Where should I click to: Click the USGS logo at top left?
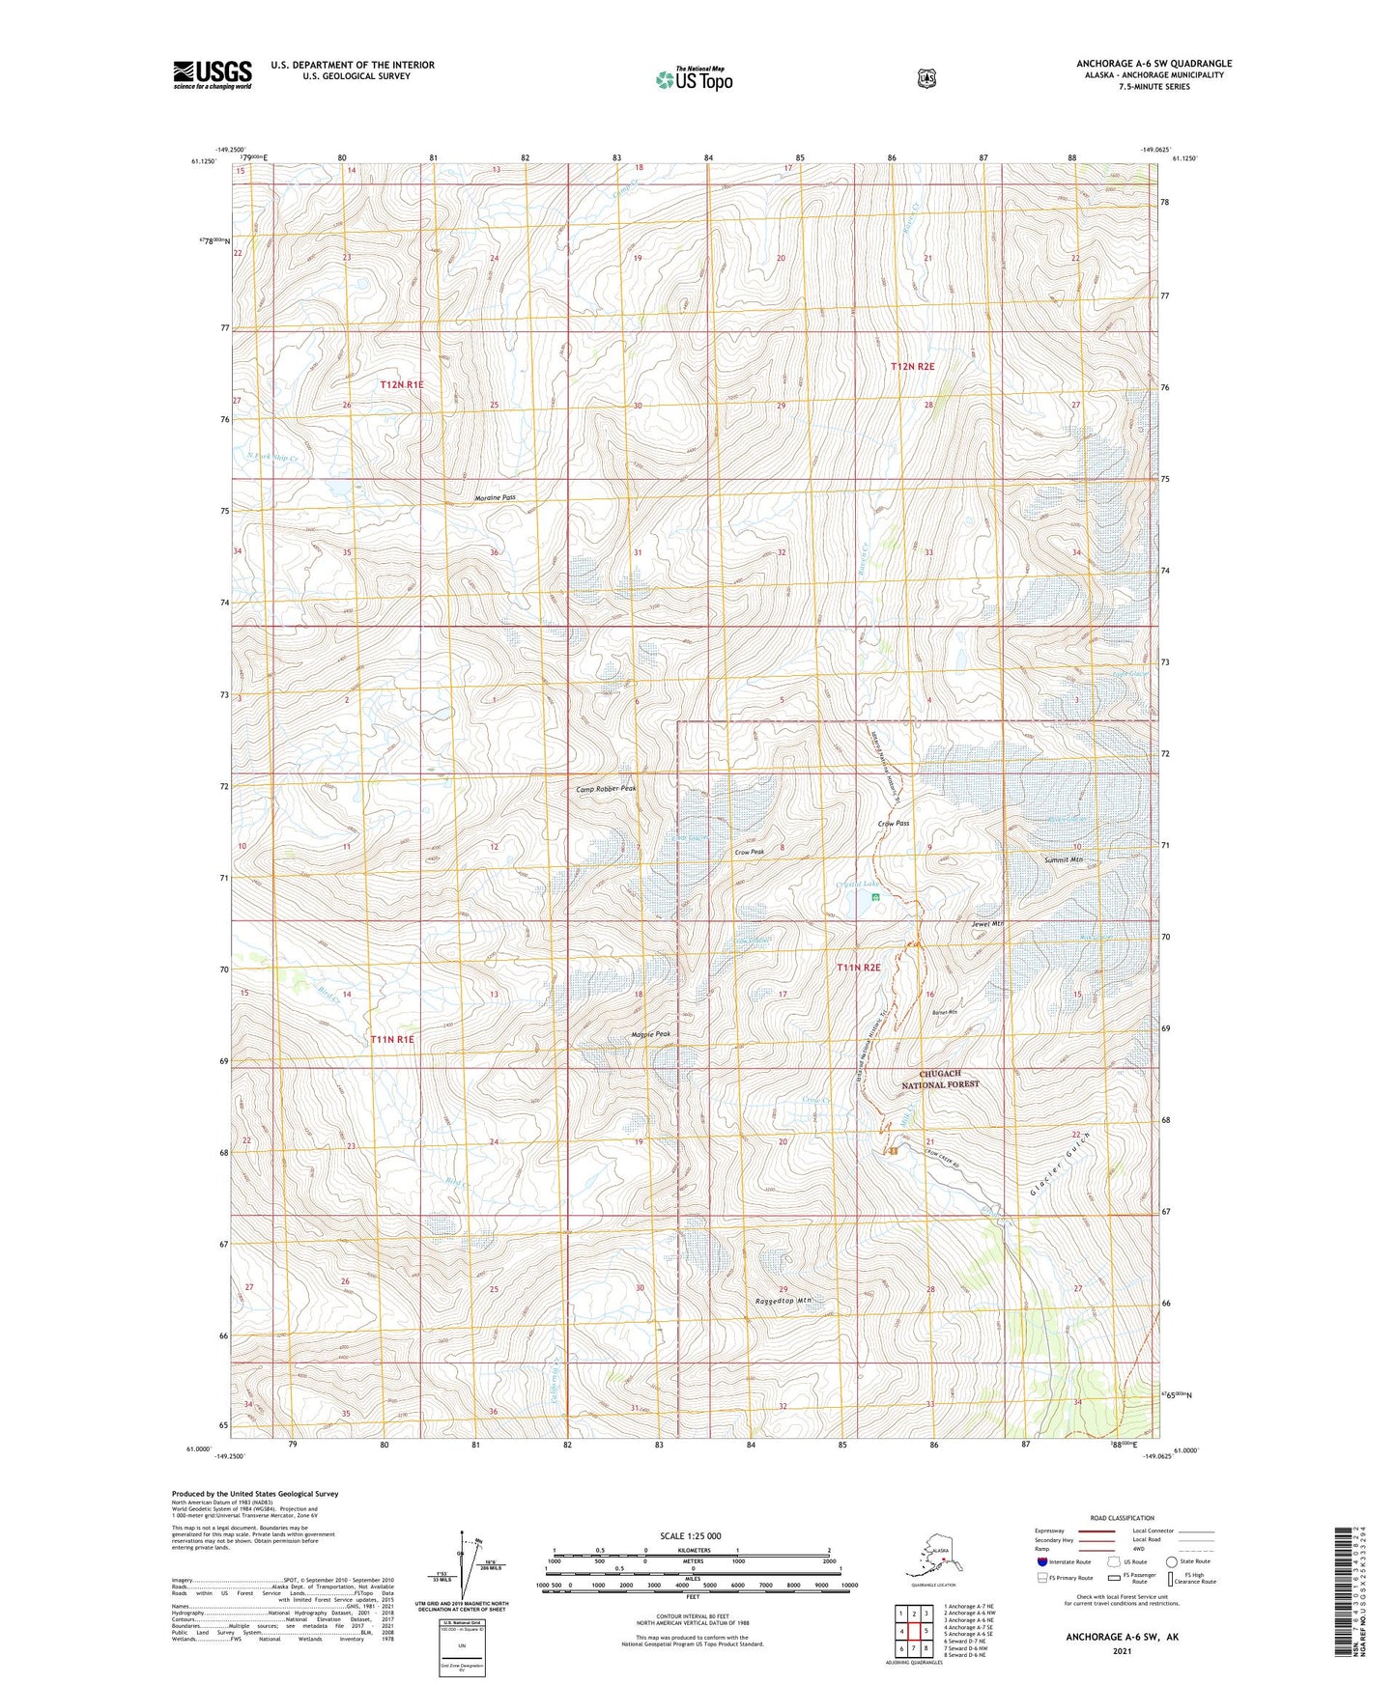(x=212, y=74)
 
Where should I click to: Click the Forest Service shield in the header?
(x=926, y=78)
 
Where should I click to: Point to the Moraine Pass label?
(x=495, y=498)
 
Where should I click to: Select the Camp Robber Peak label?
(x=606, y=789)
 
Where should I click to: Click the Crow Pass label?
(x=893, y=824)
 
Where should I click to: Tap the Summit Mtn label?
(x=1064, y=859)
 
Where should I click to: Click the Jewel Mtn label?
(x=987, y=924)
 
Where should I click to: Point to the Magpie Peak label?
(x=649, y=1034)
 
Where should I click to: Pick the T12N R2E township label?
(x=912, y=367)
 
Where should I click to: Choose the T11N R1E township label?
(x=392, y=1039)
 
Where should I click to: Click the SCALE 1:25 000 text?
(x=690, y=1536)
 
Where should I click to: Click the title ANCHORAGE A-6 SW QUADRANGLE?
(x=1154, y=64)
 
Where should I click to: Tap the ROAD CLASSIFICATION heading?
(x=1121, y=1518)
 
